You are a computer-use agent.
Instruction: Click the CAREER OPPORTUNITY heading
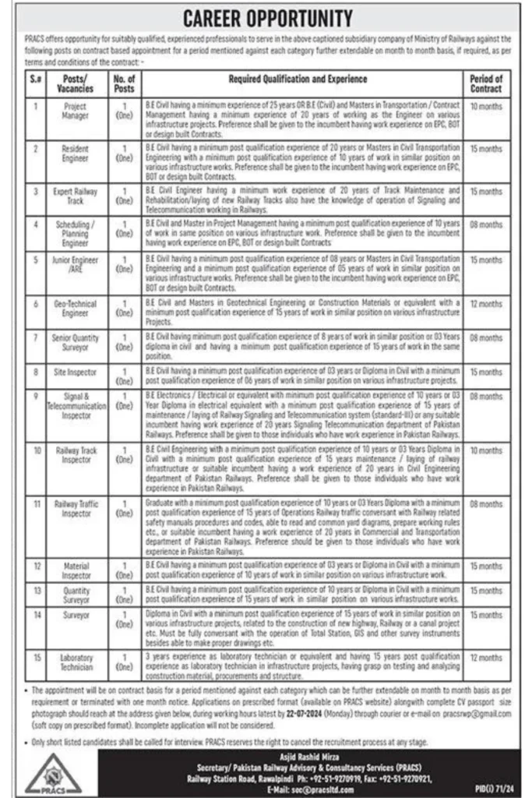click(x=266, y=18)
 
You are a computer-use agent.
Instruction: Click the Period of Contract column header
click(x=486, y=83)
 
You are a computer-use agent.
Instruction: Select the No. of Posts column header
click(x=124, y=83)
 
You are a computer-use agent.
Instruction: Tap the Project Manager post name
click(x=76, y=111)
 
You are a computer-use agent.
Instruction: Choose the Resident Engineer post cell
click(x=76, y=153)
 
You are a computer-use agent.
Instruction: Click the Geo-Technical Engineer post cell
click(x=76, y=309)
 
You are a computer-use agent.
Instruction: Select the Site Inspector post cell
click(x=76, y=373)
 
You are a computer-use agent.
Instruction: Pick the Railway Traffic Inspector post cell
click(x=76, y=510)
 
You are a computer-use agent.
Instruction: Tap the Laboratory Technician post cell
click(x=76, y=662)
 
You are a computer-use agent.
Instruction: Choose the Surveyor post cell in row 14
click(x=76, y=616)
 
